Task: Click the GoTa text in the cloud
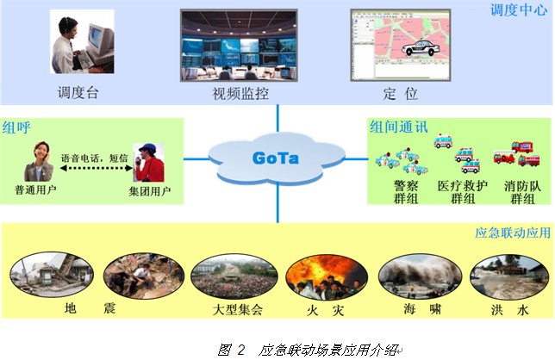tap(276, 158)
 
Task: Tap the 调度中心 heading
tap(519, 9)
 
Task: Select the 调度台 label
tap(78, 93)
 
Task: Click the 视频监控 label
tap(240, 94)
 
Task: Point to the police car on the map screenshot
tap(421, 47)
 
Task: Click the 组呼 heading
tap(16, 127)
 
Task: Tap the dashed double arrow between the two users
tap(97, 168)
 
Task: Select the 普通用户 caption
tap(35, 189)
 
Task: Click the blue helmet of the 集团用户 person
tap(147, 147)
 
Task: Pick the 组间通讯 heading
tap(399, 127)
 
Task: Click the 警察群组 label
tap(406, 192)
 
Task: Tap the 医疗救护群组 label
tap(463, 192)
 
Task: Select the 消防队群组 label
tap(522, 192)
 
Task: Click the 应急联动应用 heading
tap(513, 233)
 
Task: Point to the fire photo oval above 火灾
tap(327, 277)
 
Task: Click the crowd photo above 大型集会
tap(234, 276)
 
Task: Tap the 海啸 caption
tap(422, 309)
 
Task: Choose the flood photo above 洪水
tap(509, 277)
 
